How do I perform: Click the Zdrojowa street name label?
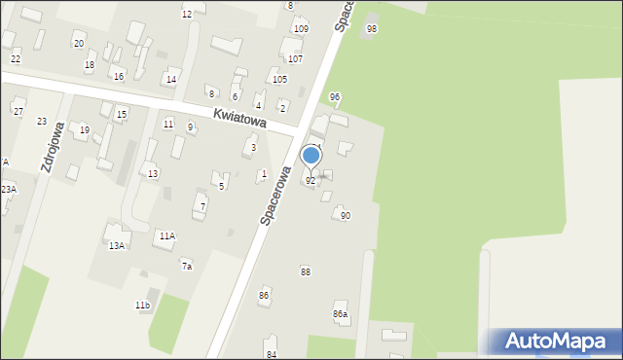tap(53, 147)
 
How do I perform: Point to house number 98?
tap(371, 29)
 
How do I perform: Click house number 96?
tap(335, 96)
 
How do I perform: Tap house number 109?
tap(301, 29)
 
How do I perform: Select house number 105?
tap(279, 80)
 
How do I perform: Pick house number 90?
tap(346, 215)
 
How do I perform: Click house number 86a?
tap(340, 314)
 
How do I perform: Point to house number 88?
tap(306, 271)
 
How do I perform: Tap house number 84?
tap(272, 354)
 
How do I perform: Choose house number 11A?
tap(167, 235)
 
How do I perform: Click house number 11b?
tap(142, 306)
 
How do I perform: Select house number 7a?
tap(186, 266)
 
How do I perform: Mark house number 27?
tap(18, 111)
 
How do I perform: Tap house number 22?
tap(16, 59)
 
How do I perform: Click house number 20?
tap(78, 44)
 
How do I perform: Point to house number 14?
tap(170, 80)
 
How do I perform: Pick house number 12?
tap(187, 15)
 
